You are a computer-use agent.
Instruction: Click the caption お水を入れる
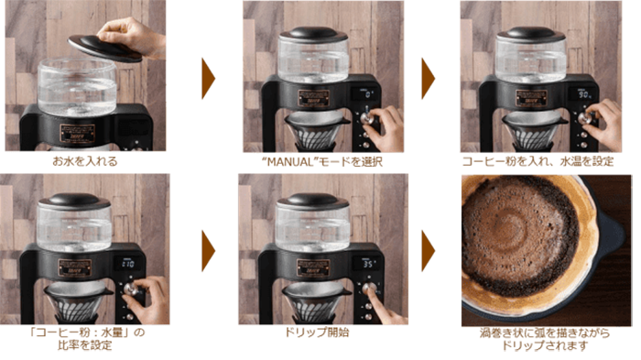coord(85,161)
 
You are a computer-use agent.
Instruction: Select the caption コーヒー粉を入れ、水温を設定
coord(538,161)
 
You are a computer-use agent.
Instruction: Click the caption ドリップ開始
coord(317,333)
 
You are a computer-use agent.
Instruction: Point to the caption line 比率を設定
coord(84,345)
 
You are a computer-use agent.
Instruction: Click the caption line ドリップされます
coord(546,345)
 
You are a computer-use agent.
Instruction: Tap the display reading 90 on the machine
coord(583,94)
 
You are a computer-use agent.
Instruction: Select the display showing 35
coord(367,264)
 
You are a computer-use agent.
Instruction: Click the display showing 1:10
coord(127,264)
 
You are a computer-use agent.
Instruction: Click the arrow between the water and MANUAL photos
coord(208,79)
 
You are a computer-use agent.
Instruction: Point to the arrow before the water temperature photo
coord(428,79)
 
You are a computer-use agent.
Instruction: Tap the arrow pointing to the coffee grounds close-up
coord(428,251)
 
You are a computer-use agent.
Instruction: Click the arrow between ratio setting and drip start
coord(208,251)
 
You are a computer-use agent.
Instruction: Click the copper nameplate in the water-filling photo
coord(77,133)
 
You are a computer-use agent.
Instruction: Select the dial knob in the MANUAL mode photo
coord(366,118)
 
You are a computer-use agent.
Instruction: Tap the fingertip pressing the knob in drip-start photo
coord(371,288)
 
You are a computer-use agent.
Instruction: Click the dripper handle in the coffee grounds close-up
coord(613,236)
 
